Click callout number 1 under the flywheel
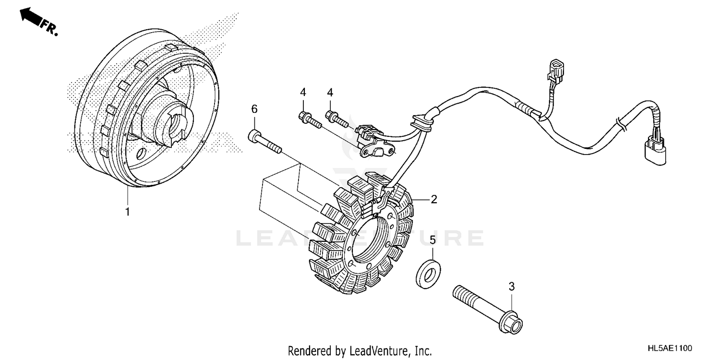pyautogui.click(x=127, y=212)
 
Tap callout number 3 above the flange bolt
pyautogui.click(x=512, y=287)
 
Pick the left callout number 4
pyautogui.click(x=303, y=92)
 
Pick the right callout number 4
pyautogui.click(x=330, y=92)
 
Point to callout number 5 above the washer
pyautogui.click(x=432, y=240)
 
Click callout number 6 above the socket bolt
pyautogui.click(x=254, y=110)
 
